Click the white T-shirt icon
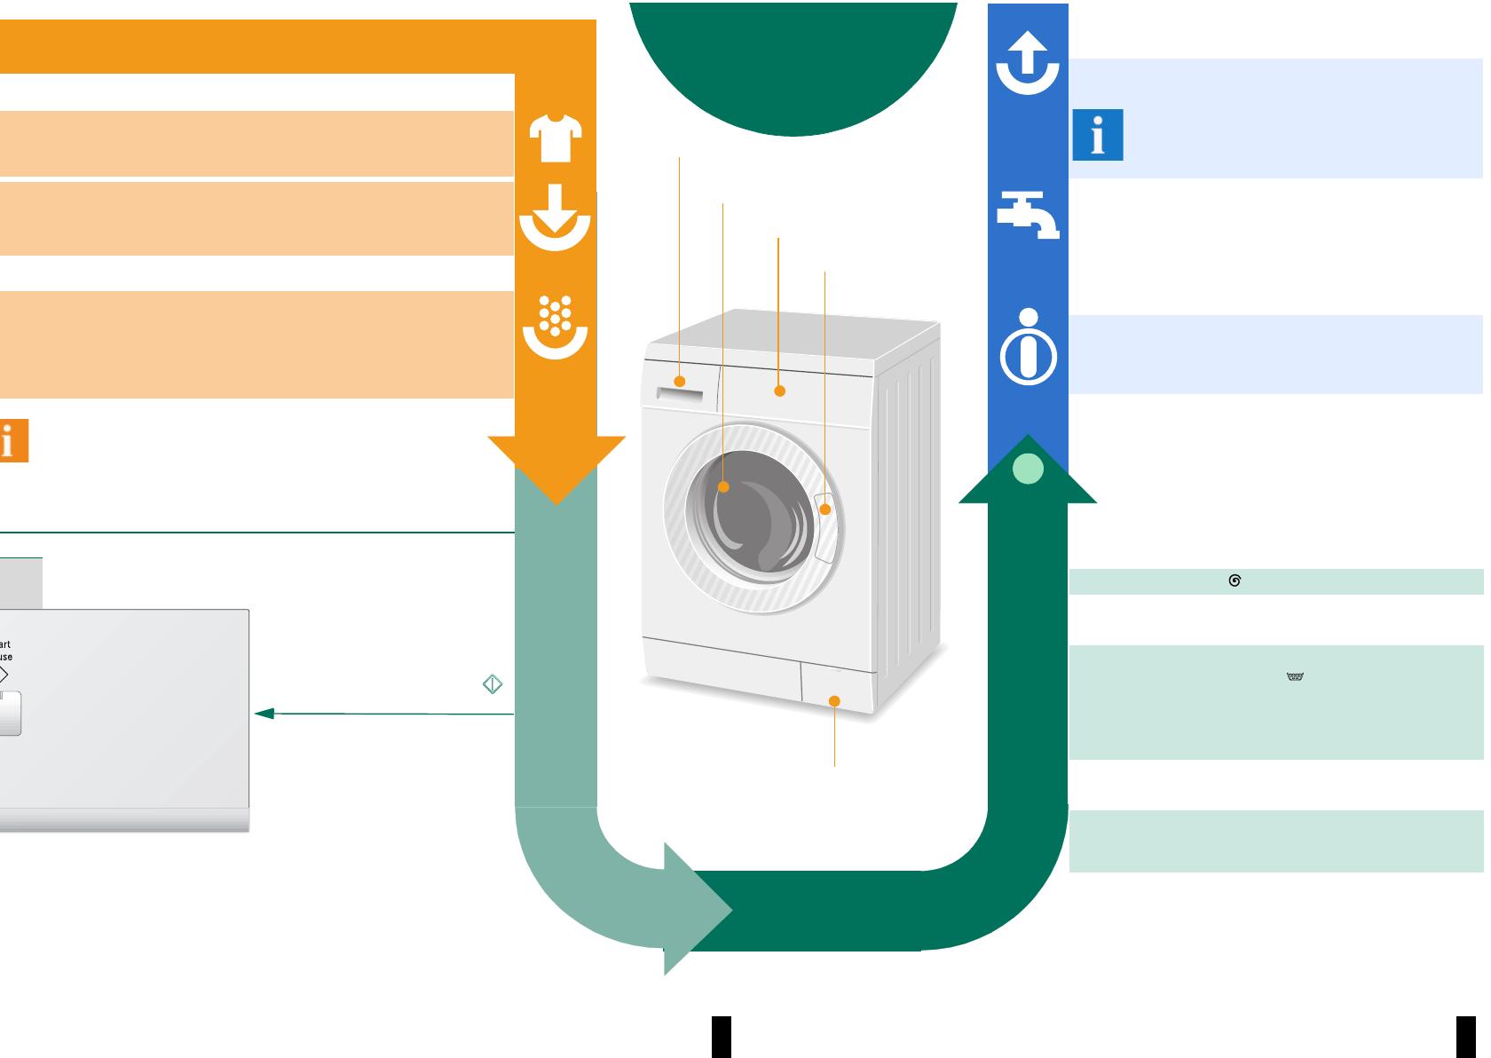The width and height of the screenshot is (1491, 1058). (556, 138)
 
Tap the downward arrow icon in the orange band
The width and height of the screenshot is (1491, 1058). (555, 217)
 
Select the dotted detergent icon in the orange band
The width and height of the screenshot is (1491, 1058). (555, 328)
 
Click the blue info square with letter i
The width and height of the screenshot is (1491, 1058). (1098, 136)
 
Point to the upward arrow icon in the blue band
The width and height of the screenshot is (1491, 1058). (1028, 64)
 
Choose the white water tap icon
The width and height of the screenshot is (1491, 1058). (1028, 215)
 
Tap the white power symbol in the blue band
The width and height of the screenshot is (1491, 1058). (1029, 347)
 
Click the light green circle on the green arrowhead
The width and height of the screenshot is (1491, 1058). (1028, 469)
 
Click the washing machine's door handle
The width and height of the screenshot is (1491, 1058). (824, 528)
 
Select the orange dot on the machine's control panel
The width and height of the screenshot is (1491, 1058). (780, 391)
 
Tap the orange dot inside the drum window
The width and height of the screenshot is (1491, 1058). (723, 486)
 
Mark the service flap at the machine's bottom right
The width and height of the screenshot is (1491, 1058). (837, 689)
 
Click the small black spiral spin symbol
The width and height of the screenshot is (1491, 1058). (1235, 580)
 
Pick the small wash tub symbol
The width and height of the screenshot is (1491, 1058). (1295, 676)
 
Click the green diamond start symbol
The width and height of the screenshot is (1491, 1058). (493, 684)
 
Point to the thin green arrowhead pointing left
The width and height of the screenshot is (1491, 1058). (264, 713)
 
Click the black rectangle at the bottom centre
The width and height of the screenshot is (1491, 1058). (722, 1037)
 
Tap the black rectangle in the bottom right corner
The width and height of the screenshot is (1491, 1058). (1465, 1037)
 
